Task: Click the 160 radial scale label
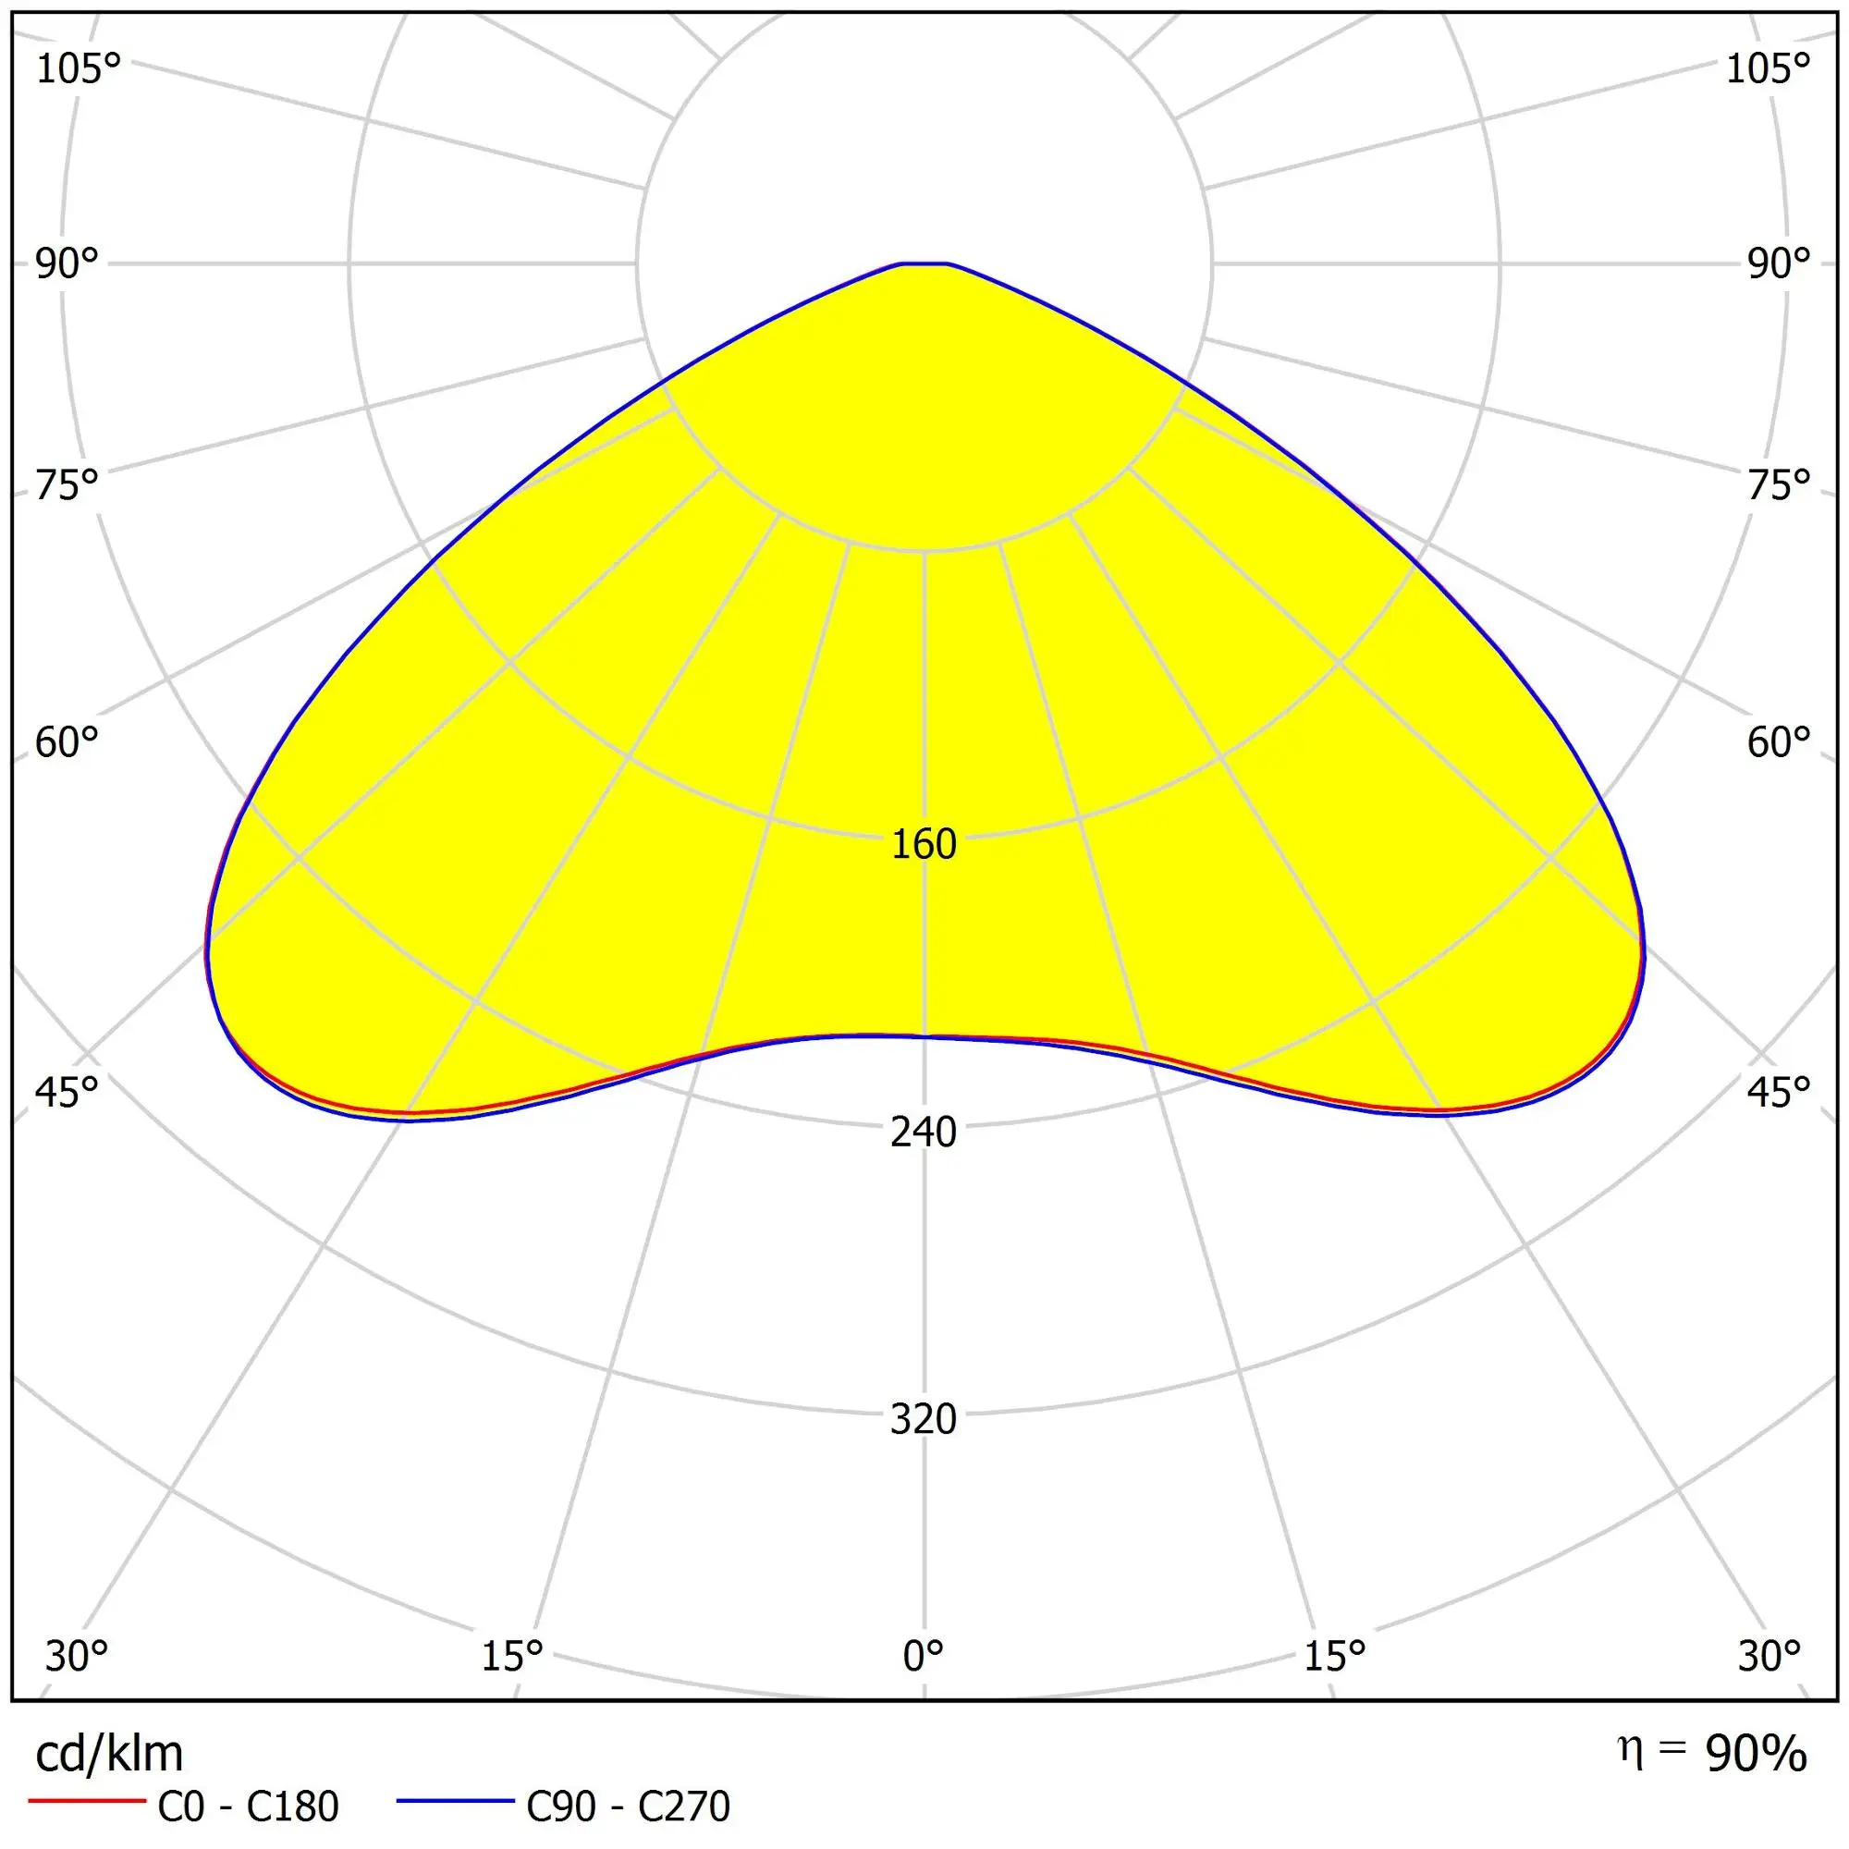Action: pos(924,844)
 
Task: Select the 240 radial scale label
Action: pos(924,1133)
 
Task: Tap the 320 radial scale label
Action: pos(924,1419)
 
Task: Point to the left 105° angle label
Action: pos(79,69)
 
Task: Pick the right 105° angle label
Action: pos(1768,69)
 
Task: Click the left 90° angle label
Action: pos(67,263)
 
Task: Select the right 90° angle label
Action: pos(1779,263)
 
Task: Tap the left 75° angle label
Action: pos(67,485)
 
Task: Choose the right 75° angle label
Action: pos(1779,485)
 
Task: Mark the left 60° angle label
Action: pos(67,741)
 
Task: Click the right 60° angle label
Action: pos(1779,741)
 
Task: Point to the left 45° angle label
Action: pos(67,1091)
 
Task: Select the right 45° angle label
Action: pos(1779,1091)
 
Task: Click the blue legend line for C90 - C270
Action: pos(456,1802)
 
